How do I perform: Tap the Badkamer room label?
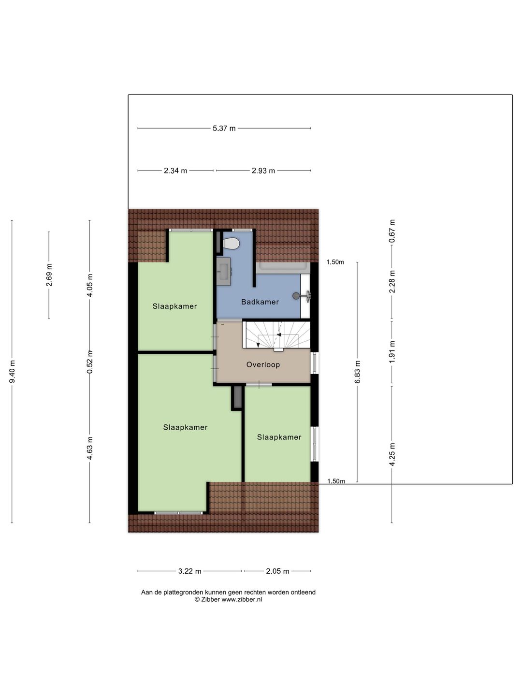tap(260, 302)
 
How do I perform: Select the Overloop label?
tap(263, 365)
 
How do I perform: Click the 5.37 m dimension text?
tap(224, 129)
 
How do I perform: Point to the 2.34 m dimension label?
tap(175, 171)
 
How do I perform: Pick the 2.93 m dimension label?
tap(263, 171)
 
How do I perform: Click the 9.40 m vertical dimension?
tap(13, 372)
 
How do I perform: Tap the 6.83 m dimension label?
tap(358, 372)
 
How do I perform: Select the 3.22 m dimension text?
tap(189, 571)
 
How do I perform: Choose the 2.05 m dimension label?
tap(277, 571)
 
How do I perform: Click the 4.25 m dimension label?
tap(392, 454)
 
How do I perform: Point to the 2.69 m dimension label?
tap(49, 275)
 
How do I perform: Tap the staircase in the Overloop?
tap(277, 335)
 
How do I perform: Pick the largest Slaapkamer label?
tap(185, 428)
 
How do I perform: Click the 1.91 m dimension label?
tap(392, 352)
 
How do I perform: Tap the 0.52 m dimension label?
tap(89, 362)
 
